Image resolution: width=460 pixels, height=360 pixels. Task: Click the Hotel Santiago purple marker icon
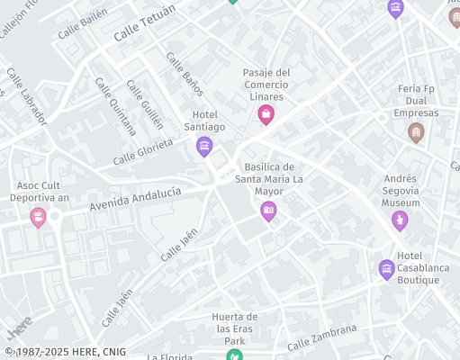[x=204, y=146]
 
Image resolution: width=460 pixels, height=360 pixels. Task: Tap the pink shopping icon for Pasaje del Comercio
[x=266, y=114]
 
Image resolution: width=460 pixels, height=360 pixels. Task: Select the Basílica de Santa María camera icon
[x=267, y=211]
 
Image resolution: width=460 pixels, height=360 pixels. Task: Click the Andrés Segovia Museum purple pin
[x=400, y=220]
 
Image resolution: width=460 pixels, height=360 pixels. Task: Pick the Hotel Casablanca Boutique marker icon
[x=386, y=268]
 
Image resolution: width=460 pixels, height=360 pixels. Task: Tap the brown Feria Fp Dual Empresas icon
[x=415, y=133]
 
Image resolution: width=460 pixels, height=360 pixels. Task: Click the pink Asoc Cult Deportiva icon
[x=38, y=217]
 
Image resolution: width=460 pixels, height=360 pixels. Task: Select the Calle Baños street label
[x=185, y=74]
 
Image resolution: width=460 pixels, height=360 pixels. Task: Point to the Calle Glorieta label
[x=142, y=152]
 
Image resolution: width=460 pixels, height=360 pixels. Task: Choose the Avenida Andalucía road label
[x=135, y=200]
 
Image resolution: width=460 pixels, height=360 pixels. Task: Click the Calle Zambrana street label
[x=322, y=338]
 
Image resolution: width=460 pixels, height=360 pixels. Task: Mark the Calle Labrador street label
[x=26, y=95]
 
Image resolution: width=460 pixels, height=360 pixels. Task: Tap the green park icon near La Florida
[x=234, y=355]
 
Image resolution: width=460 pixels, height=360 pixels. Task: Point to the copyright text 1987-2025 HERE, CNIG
[x=65, y=352]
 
